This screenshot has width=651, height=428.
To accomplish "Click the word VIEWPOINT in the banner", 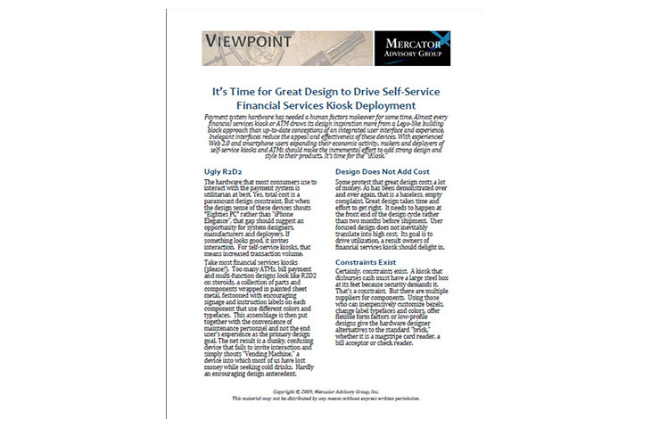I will pos(241,41).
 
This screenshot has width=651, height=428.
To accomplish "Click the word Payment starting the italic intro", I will pos(218,119).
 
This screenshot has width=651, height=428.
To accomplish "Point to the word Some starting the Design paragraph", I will pos(344,183).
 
